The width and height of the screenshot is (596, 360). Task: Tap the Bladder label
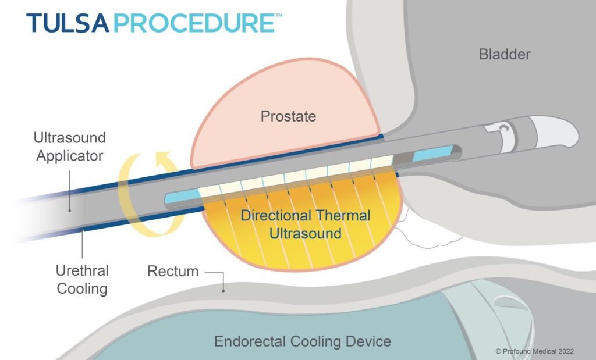click(505, 55)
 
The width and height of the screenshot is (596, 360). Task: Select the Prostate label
click(288, 116)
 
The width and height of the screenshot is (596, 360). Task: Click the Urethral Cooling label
click(82, 279)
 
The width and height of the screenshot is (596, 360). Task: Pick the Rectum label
click(173, 271)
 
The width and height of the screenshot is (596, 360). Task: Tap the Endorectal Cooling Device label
click(302, 341)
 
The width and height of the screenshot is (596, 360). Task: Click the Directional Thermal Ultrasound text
click(306, 224)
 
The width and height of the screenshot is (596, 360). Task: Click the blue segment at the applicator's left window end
click(181, 198)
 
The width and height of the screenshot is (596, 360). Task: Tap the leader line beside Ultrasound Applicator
click(70, 192)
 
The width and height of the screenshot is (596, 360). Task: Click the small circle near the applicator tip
click(503, 126)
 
